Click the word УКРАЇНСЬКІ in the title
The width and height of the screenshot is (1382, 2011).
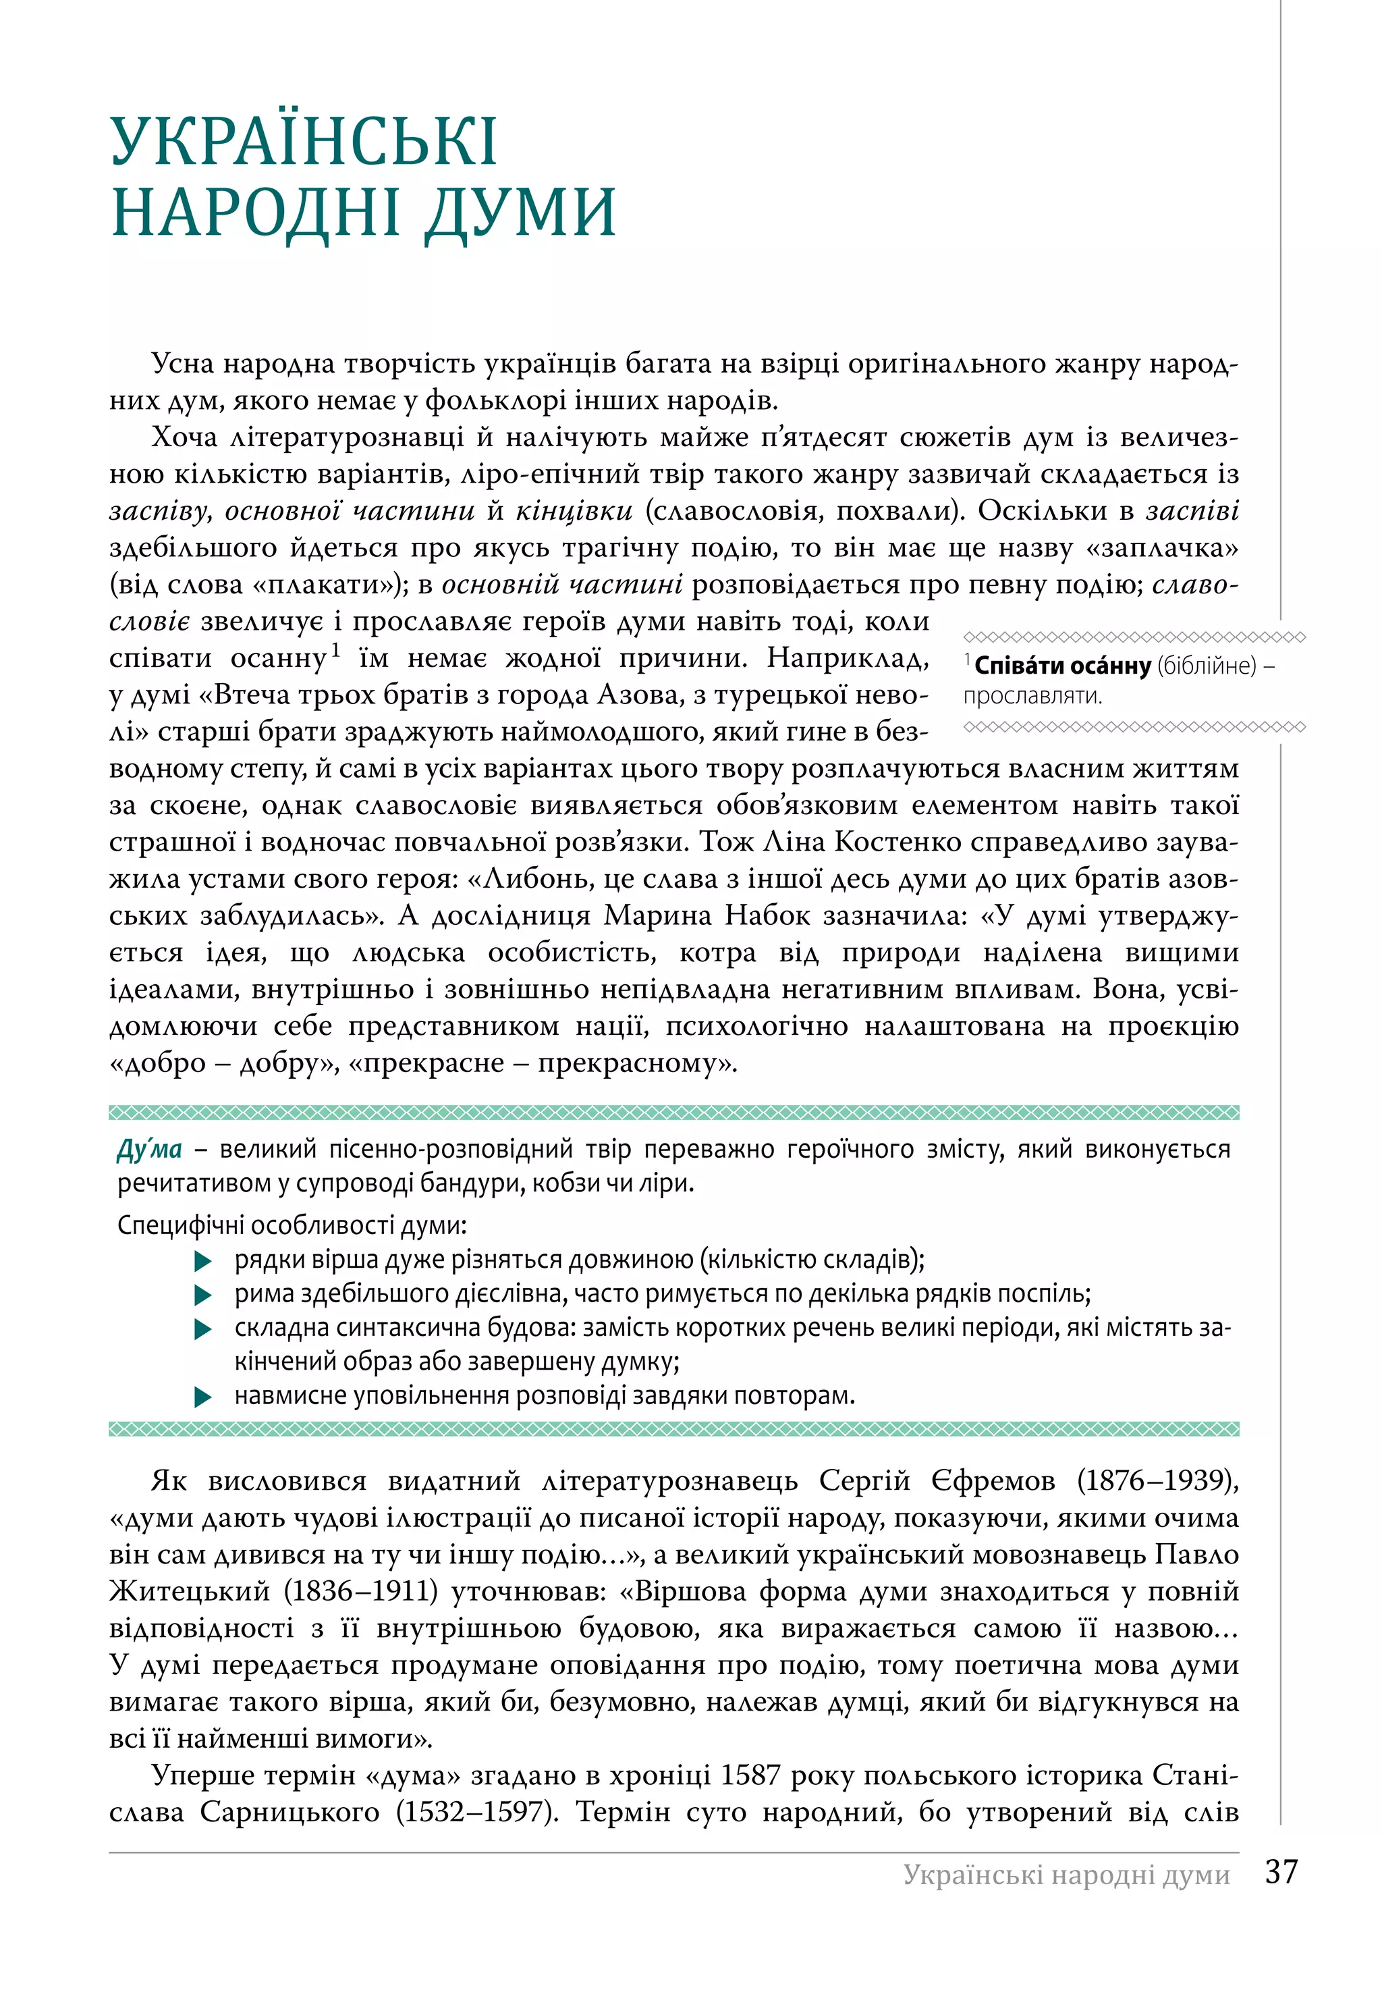303,141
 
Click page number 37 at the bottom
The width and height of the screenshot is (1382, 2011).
1281,1871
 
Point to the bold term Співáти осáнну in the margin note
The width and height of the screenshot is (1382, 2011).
1062,666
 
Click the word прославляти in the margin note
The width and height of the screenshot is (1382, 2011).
1032,696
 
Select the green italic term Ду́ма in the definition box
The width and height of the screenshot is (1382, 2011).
149,1149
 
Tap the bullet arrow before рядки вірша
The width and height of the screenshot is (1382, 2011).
204,1261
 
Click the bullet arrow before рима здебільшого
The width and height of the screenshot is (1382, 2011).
204,1295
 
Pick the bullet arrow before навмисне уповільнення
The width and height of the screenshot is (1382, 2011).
204,1397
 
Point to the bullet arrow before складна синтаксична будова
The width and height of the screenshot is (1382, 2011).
204,1329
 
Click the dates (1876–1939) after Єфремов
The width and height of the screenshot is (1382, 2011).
1158,1482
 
